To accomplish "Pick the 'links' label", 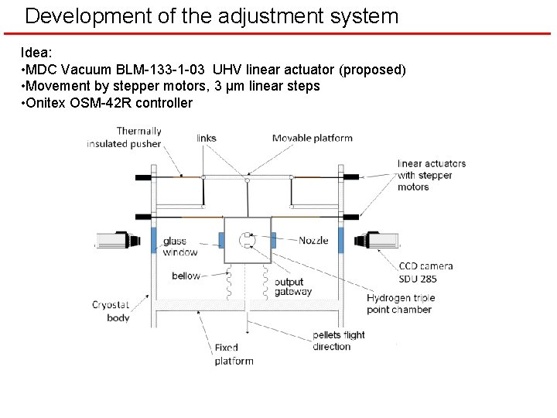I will coord(207,138).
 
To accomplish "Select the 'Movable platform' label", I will coord(312,138).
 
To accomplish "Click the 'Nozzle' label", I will coord(313,240).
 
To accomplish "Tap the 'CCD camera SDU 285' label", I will coord(425,272).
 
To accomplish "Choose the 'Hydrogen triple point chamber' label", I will coord(401,303).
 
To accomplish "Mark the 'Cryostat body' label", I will coord(111,311).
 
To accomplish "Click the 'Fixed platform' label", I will coord(234,355).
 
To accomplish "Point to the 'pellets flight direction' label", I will coord(338,341).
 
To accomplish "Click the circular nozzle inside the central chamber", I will coord(248,241).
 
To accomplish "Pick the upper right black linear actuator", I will coord(350,177).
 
